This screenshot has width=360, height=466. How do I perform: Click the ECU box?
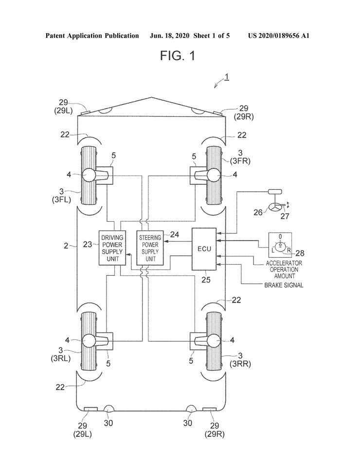click(204, 249)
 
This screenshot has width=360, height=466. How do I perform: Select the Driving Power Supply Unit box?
click(112, 248)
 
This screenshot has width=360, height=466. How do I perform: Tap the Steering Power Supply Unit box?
click(150, 248)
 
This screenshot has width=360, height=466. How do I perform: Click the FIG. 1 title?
click(178, 55)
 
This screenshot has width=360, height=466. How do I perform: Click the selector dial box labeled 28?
click(280, 245)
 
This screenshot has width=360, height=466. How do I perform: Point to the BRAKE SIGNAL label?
click(284, 286)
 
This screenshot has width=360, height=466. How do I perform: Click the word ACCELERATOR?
click(284, 263)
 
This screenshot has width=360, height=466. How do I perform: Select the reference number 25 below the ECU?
click(206, 280)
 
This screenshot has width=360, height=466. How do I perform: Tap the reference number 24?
click(175, 234)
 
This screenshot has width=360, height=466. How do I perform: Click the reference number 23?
click(88, 244)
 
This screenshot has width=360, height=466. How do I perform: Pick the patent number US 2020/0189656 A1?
click(279, 36)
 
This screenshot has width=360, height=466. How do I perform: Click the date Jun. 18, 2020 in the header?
click(169, 36)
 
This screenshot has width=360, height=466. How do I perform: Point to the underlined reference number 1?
click(227, 77)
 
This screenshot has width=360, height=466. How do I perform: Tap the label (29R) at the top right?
click(244, 117)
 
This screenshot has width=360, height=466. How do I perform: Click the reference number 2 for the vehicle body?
click(66, 246)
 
